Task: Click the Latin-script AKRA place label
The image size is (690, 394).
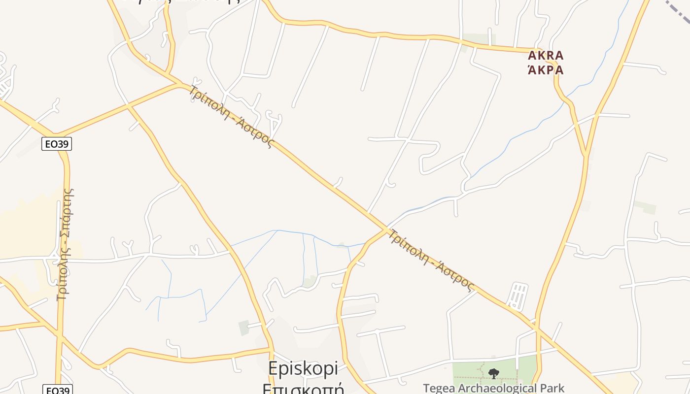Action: click(546, 55)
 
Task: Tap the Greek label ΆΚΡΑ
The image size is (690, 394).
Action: click(546, 70)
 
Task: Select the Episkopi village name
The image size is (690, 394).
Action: click(303, 368)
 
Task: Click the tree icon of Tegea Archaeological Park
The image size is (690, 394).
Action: click(493, 374)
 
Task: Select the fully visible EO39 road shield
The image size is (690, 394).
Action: click(57, 144)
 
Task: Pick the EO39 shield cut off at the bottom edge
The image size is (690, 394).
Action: click(57, 391)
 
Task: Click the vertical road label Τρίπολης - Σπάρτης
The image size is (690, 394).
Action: click(65, 244)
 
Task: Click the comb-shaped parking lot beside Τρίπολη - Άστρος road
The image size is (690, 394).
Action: click(517, 295)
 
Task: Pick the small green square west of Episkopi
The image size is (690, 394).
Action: click(243, 328)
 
